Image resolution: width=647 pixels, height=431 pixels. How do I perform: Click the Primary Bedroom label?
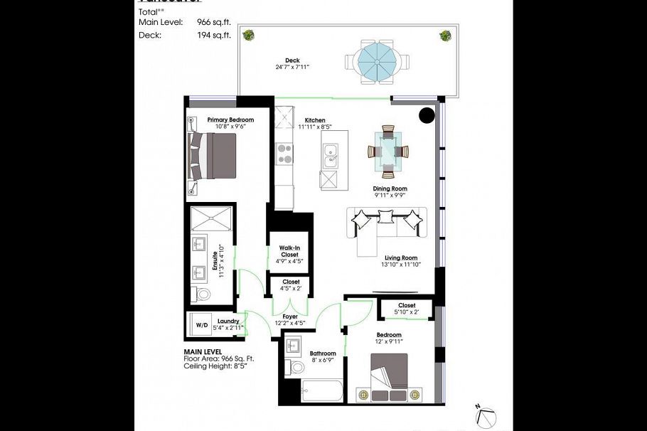[x=230, y=119]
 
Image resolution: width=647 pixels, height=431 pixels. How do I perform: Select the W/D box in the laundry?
[x=202, y=325]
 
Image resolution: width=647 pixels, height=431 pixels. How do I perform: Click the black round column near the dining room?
[x=427, y=115]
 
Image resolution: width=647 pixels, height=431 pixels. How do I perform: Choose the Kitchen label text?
[x=315, y=120]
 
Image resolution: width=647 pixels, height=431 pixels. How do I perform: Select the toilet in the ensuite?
[x=203, y=294]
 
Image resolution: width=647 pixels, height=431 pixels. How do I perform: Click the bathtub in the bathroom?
[x=321, y=390]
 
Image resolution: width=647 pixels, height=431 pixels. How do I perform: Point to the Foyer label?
[x=289, y=316]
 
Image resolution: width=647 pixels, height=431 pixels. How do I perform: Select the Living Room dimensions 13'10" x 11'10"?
[x=401, y=265]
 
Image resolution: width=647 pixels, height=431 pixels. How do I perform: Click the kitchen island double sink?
[x=330, y=156]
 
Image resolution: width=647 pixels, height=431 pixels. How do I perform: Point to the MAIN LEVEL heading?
[x=203, y=351]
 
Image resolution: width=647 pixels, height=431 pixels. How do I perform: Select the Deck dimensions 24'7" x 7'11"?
[x=292, y=68]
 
